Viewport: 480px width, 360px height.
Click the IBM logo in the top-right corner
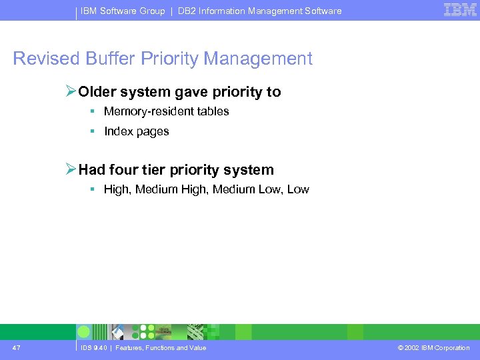[460, 9]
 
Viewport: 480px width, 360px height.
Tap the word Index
[118, 131]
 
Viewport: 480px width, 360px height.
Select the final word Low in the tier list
[298, 189]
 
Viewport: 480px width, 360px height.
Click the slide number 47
[16, 347]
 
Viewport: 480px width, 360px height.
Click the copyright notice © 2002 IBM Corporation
[433, 347]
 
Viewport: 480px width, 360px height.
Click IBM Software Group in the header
[123, 11]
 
